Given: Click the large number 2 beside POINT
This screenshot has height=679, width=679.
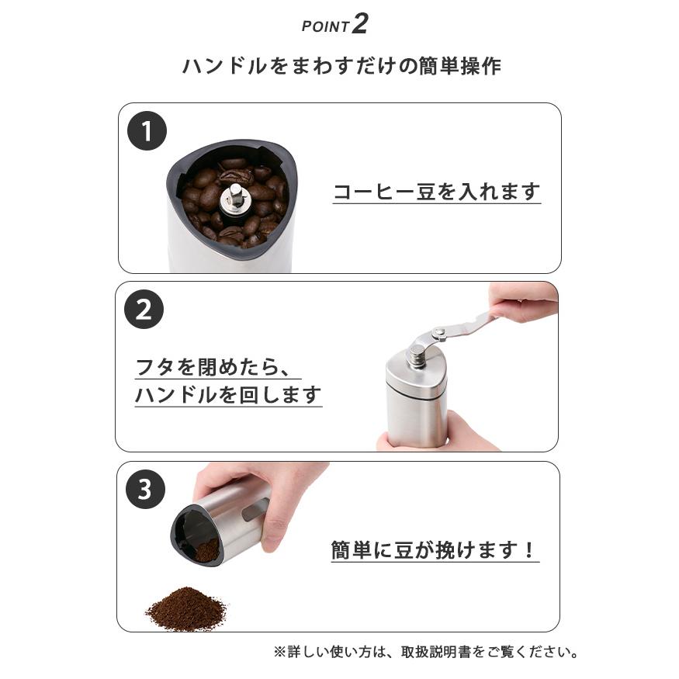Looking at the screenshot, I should (359, 23).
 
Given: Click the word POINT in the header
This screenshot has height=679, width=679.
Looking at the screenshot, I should (325, 26).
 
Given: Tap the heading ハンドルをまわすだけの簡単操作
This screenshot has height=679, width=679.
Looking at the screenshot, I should (341, 66).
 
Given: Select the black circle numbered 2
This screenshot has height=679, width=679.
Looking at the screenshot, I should (144, 310).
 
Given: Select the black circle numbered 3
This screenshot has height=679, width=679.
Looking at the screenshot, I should (145, 490).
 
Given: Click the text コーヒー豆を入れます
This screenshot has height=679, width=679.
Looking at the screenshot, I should (436, 192).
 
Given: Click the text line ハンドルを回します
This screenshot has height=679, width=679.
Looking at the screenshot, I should (228, 395).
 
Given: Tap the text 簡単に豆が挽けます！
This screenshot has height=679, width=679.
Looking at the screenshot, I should (434, 550).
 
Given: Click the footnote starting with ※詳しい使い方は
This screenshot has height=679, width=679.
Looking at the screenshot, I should (426, 652).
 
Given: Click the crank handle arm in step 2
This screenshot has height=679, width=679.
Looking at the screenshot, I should (458, 326).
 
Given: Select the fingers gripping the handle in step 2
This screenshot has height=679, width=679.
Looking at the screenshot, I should (524, 303).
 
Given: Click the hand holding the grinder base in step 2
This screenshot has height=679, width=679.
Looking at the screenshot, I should (466, 435).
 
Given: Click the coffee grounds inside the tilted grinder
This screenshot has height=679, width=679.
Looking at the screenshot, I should (206, 549).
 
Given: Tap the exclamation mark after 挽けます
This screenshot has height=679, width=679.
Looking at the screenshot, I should (529, 550).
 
